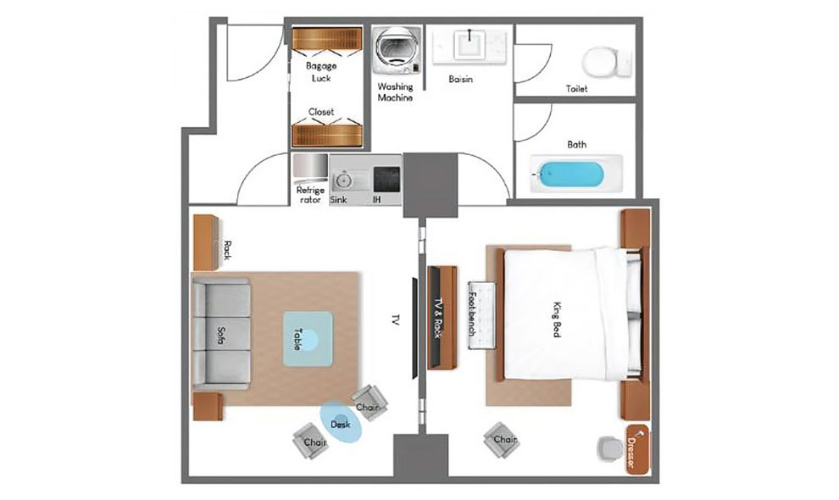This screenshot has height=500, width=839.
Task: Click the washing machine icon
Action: [x=392, y=48]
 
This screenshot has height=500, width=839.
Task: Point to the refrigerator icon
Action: [x=309, y=166]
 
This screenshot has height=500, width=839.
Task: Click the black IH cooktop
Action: [x=386, y=179]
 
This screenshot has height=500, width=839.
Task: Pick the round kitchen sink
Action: [x=344, y=180]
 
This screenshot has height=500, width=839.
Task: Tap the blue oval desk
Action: [x=342, y=421]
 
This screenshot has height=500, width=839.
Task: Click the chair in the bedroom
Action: [x=503, y=440]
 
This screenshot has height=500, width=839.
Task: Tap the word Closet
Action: [x=321, y=112]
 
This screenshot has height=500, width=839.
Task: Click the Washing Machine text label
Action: [x=395, y=92]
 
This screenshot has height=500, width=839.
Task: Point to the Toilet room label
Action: [x=576, y=88]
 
